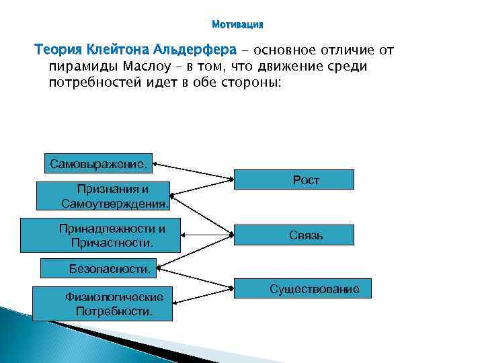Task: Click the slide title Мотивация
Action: click(x=237, y=25)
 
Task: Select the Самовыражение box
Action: click(x=98, y=162)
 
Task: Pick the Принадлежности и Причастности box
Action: click(x=101, y=235)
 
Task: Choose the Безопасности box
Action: click(x=98, y=269)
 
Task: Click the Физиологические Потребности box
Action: click(x=102, y=304)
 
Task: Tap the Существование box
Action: click(x=314, y=289)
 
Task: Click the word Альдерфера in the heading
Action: click(x=196, y=50)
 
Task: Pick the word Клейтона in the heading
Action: click(x=117, y=50)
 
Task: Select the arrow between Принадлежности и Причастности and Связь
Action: click(x=207, y=235)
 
